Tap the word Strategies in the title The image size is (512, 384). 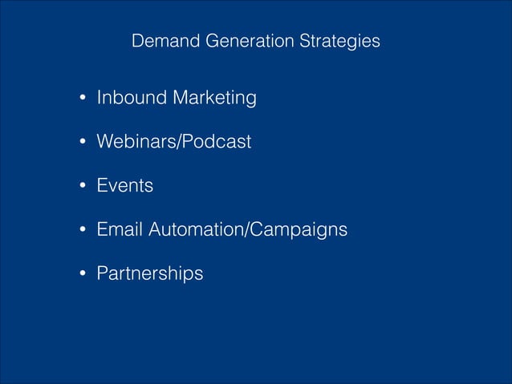(339, 41)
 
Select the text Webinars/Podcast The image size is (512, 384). (173, 142)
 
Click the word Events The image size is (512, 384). (124, 186)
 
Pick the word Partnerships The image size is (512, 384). (149, 273)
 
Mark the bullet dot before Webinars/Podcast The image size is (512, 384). (82, 143)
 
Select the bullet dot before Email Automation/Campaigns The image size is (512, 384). (82, 231)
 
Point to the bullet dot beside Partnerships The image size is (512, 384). (82, 275)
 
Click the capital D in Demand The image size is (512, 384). (137, 41)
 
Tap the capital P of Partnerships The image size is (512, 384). (102, 273)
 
